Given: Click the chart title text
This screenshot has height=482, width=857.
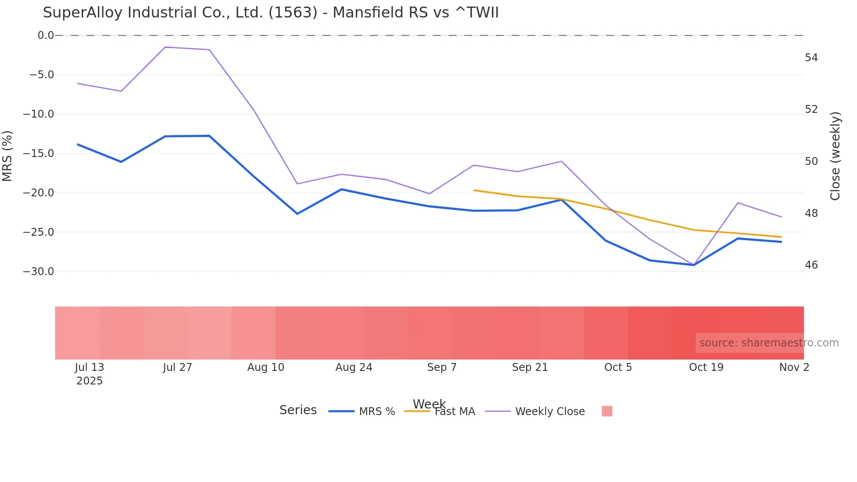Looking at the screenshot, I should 271,13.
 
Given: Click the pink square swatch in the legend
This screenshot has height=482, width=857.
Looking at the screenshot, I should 607,411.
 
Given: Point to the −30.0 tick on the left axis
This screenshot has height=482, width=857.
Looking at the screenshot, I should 38,272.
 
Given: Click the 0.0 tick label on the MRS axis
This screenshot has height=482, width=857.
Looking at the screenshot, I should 45,35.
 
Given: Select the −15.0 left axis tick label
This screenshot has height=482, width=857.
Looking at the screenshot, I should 38,154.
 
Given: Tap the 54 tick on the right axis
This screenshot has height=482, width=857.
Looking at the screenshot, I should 811,58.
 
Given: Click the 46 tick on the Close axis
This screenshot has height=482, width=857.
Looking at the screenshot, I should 811,265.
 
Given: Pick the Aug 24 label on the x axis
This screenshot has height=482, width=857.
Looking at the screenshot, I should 354,367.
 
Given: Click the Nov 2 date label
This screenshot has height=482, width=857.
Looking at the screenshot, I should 794,367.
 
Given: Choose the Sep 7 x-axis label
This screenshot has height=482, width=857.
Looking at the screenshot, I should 442,367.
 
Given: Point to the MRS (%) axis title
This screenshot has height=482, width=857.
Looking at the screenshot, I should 7,156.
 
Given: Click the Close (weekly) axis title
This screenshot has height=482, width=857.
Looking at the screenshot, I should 835,156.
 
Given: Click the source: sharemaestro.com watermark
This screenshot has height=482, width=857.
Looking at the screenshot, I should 769,343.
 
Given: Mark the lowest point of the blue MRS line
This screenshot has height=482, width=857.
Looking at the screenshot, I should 694,265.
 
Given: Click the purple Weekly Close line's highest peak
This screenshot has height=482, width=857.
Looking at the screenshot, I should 165,47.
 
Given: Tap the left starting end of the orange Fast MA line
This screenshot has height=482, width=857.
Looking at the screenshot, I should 474,190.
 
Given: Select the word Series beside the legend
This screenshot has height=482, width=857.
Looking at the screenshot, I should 298,410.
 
